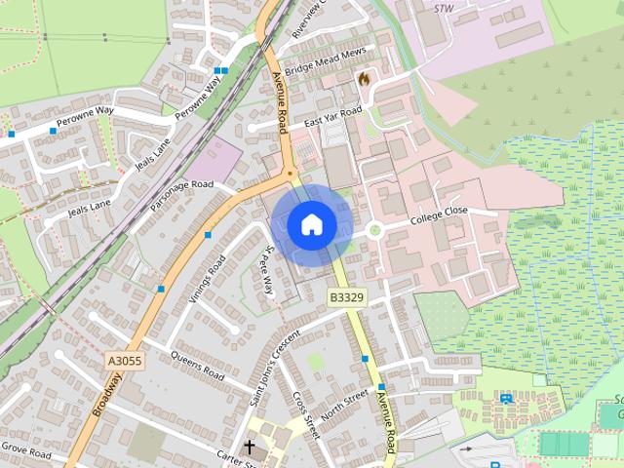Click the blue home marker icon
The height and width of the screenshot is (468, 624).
tap(311, 224)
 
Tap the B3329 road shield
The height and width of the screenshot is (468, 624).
tap(346, 297)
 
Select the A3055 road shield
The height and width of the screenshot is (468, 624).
tap(125, 361)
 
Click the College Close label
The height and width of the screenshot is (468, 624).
tap(439, 215)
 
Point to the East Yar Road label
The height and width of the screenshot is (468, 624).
tap(332, 117)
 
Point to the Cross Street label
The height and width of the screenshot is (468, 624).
tap(306, 415)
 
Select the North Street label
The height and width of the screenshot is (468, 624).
tap(343, 407)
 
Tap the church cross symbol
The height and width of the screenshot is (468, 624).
tap(249, 448)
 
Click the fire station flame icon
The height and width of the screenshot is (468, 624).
tap(364, 79)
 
